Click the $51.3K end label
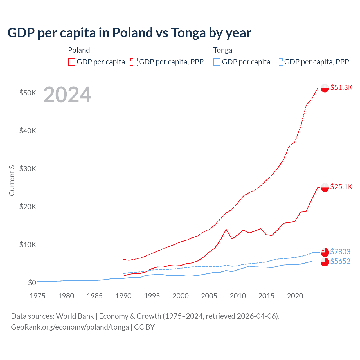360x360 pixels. (341, 87)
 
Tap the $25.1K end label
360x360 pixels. (341, 187)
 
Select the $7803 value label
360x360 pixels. (340, 251)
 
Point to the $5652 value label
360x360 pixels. (340, 261)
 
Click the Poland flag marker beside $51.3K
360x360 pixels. (325, 88)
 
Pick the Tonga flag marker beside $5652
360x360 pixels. (325, 262)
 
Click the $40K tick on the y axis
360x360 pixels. (28, 131)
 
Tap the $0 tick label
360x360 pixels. (32, 282)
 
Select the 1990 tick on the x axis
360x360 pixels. (123, 296)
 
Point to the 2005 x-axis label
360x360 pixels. (209, 296)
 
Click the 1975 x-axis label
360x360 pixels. (37, 296)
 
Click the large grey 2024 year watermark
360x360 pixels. (67, 95)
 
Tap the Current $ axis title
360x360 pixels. (12, 180)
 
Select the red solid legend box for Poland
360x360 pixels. (72, 62)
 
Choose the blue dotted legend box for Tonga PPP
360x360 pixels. (279, 62)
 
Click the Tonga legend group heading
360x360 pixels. (223, 50)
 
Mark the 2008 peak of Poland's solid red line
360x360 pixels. (226, 229)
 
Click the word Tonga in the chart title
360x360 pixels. (188, 33)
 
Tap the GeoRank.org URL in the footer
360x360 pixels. (70, 327)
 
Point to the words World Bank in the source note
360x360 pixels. (75, 316)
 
